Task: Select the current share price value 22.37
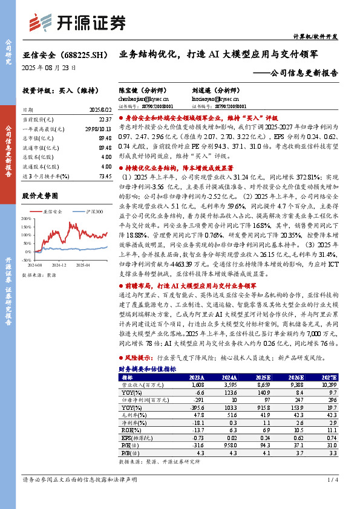[104, 120]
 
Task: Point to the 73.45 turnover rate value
[103, 175]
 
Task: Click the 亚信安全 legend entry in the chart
[53, 212]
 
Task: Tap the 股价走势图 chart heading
[40, 196]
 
